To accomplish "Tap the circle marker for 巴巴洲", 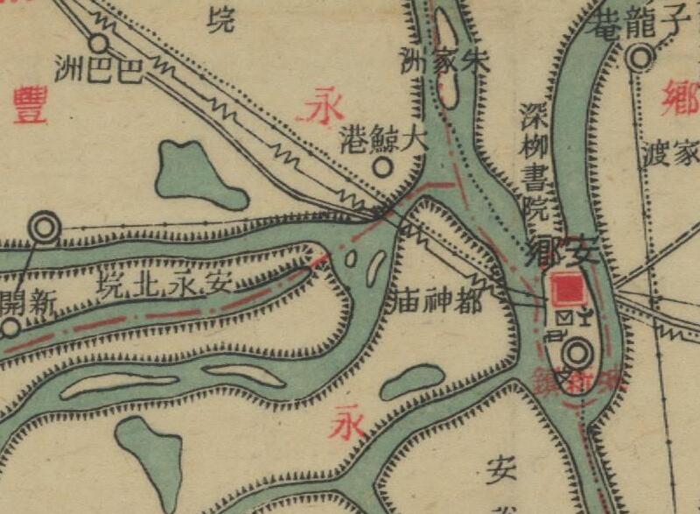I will coord(99,42).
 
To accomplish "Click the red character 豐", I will coord(29,107).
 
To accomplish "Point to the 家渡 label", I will coord(671,154).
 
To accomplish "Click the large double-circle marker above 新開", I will coord(44,228).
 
